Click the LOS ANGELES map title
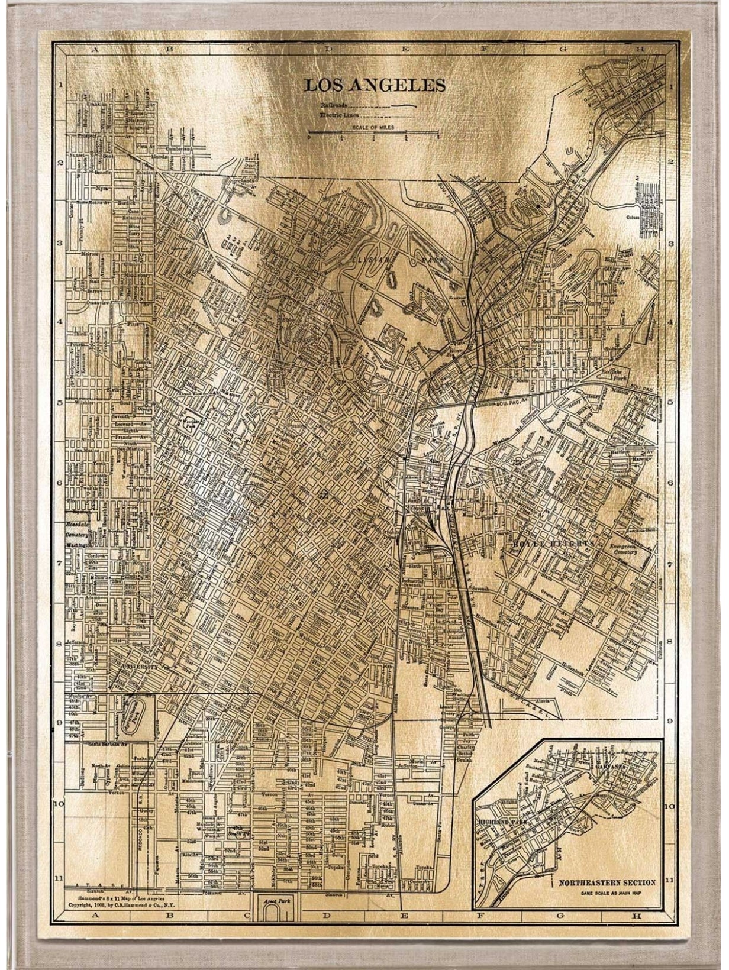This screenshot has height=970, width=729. [374, 85]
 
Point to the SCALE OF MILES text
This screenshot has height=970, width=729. [373, 127]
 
